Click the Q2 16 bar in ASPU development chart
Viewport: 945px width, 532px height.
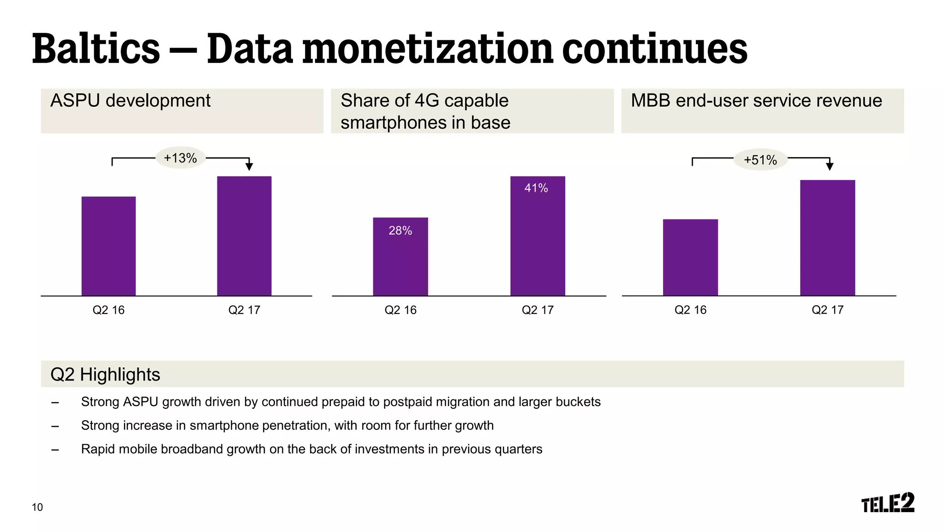(108, 246)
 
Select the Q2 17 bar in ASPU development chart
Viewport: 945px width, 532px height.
(244, 236)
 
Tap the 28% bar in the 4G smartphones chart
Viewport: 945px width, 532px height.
(400, 256)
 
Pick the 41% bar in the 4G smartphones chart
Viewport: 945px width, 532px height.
(537, 236)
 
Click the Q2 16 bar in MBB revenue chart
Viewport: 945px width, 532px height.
(690, 257)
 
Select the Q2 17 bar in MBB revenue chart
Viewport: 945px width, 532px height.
(827, 237)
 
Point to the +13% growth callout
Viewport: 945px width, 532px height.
(180, 158)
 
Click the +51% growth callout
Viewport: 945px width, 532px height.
(760, 160)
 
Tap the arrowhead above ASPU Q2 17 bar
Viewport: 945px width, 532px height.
(249, 167)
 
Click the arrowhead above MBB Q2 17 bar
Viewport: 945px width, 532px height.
(829, 167)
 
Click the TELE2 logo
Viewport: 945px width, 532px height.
(887, 503)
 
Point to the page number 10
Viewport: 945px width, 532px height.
(37, 507)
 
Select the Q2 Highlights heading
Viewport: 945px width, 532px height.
(105, 374)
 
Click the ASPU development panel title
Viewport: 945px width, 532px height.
(130, 101)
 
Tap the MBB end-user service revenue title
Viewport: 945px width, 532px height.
(756, 101)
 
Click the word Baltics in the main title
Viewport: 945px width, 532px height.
(96, 49)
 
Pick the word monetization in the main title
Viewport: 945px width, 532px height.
(427, 49)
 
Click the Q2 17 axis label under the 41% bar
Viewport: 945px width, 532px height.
(537, 310)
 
